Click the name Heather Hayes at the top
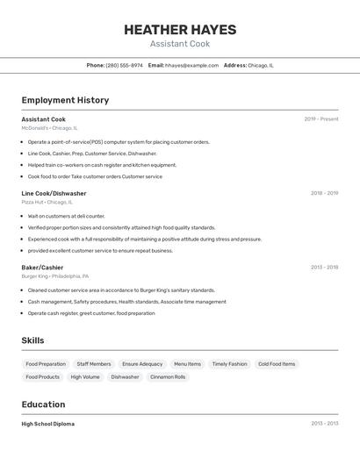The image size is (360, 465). click(x=179, y=29)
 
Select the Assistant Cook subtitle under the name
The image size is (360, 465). click(x=179, y=44)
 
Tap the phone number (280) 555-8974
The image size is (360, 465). click(x=124, y=65)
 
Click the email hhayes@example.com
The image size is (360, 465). click(x=191, y=65)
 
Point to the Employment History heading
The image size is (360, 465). click(x=65, y=100)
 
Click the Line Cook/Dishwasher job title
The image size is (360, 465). click(x=54, y=193)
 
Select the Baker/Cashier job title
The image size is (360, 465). click(x=42, y=267)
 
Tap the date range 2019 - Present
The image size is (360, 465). click(x=320, y=119)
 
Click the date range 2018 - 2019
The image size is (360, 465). click(x=324, y=193)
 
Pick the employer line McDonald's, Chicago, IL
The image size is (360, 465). click(x=49, y=128)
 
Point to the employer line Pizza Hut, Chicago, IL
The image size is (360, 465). click(x=47, y=202)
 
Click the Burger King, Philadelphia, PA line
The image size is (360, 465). click(x=54, y=275)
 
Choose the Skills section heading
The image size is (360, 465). click(x=33, y=340)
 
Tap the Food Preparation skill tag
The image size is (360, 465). click(x=46, y=363)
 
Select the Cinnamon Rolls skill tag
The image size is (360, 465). click(x=168, y=376)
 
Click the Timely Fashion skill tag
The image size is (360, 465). click(x=229, y=363)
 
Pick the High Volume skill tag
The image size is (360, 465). click(x=85, y=376)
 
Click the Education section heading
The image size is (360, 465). click(x=43, y=404)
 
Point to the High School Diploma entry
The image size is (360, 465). click(x=47, y=424)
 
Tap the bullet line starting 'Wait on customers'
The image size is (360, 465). click(x=66, y=216)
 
